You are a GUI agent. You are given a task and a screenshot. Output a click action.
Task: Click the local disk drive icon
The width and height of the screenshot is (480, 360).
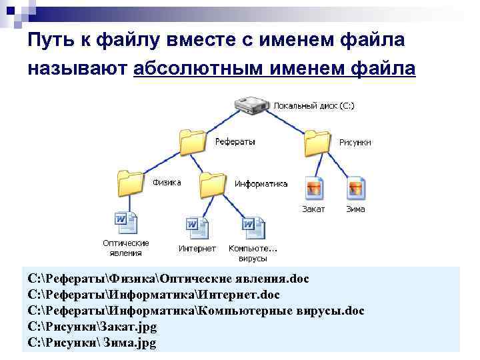251,105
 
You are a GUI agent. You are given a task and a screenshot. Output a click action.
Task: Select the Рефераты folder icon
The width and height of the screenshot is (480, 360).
193,142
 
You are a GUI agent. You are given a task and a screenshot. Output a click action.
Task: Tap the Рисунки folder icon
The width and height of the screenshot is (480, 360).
318,142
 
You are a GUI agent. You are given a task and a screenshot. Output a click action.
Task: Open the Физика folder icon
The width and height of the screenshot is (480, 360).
131,183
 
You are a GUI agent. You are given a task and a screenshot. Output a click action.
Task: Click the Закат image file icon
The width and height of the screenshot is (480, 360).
313,189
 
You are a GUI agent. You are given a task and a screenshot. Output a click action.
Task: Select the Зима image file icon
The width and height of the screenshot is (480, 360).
355,189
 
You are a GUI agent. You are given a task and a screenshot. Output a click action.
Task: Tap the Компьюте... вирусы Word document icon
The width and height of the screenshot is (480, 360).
253,227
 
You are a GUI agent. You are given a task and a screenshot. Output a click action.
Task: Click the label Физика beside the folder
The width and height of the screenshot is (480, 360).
167,183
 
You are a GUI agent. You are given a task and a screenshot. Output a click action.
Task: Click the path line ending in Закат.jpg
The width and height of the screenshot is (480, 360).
93,327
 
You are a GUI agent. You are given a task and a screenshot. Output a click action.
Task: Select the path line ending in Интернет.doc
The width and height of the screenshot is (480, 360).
154,294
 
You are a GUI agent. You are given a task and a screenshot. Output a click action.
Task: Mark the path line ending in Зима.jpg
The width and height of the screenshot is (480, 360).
93,343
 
